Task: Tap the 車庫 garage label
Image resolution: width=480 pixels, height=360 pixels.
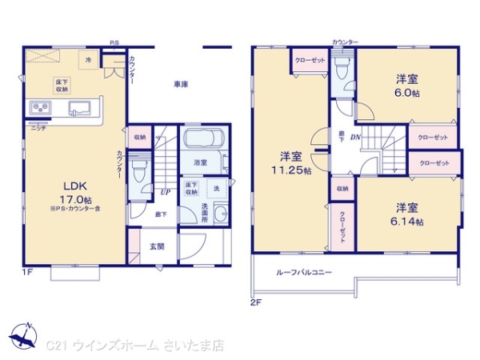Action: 181,84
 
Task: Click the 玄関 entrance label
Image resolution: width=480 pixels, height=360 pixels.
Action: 158,246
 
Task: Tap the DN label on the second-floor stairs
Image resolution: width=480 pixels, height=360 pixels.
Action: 356,137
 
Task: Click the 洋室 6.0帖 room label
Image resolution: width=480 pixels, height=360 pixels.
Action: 407,86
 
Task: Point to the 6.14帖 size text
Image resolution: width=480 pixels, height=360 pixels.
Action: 408,221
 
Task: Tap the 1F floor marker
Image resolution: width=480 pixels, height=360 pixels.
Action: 29,271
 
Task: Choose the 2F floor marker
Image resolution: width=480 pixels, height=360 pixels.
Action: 256,301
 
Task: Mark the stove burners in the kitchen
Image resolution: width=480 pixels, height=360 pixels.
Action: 40,107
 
